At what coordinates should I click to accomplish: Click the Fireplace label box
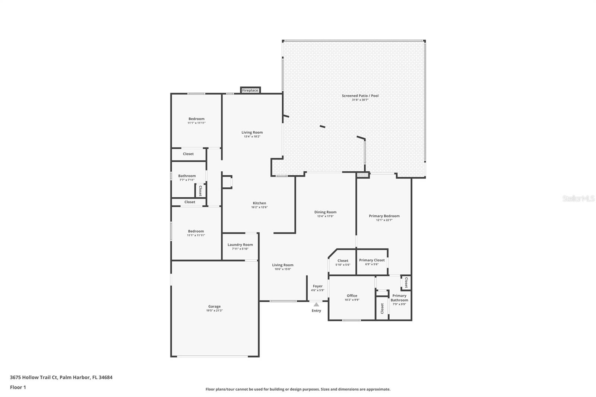pos(250,90)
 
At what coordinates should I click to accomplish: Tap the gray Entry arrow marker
pos(316,304)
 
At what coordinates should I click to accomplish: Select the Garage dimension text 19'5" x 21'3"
pos(215,311)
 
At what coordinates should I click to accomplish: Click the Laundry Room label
pos(240,245)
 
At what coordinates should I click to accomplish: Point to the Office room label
pos(352,296)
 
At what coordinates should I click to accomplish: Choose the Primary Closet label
pos(372,260)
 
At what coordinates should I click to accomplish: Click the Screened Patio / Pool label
pos(360,95)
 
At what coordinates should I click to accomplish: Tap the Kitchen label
pos(259,203)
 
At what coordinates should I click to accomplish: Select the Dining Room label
pos(326,212)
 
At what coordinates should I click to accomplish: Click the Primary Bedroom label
pos(384,216)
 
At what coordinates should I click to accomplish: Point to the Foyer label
pos(318,286)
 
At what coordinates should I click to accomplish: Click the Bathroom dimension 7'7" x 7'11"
pos(187,180)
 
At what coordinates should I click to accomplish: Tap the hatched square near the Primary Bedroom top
pos(362,175)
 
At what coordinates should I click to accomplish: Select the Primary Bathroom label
pos(399,298)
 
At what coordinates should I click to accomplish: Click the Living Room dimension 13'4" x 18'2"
pos(252,137)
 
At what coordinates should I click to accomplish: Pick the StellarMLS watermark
pos(578,198)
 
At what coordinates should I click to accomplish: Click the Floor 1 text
pos(18,387)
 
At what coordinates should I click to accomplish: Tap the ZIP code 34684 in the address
pos(106,377)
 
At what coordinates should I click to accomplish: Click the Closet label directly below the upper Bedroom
pos(188,154)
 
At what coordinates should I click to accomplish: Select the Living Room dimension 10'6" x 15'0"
pos(283,269)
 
